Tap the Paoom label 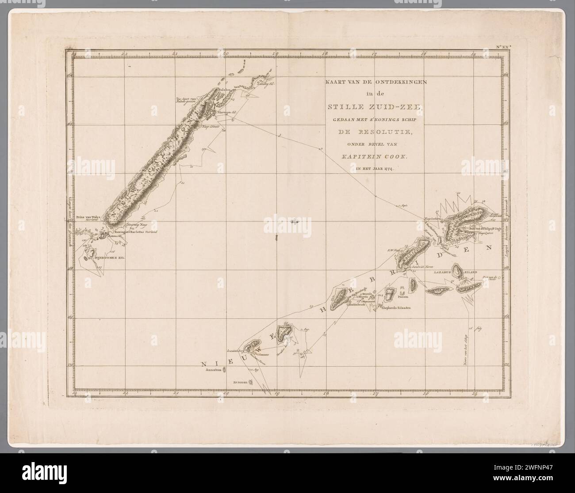point(390,298)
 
